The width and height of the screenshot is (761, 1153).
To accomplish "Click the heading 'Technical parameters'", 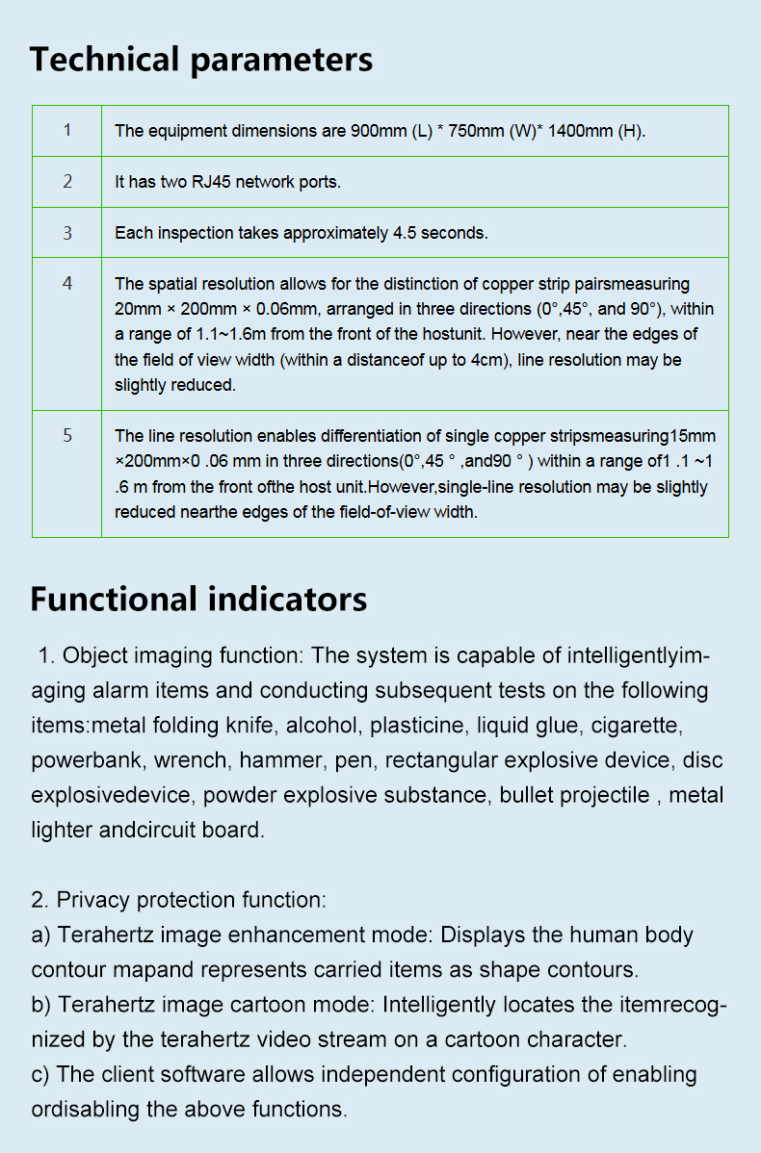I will point(201,60).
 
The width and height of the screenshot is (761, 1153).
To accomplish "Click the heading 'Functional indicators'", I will point(198,599).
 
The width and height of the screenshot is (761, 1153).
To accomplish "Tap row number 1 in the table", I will point(66,130).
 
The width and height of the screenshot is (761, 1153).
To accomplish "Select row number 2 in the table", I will point(66,181).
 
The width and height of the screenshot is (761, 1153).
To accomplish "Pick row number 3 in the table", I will point(66,232).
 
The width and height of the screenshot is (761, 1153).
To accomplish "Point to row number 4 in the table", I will point(66,283).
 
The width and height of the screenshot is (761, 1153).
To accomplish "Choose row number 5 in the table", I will point(66,435).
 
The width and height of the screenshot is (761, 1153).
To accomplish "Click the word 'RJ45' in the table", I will point(211,182).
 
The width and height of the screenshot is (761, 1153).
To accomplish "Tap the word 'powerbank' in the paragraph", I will point(81,760).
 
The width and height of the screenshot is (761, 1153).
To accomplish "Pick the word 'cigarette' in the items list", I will point(637,726).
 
